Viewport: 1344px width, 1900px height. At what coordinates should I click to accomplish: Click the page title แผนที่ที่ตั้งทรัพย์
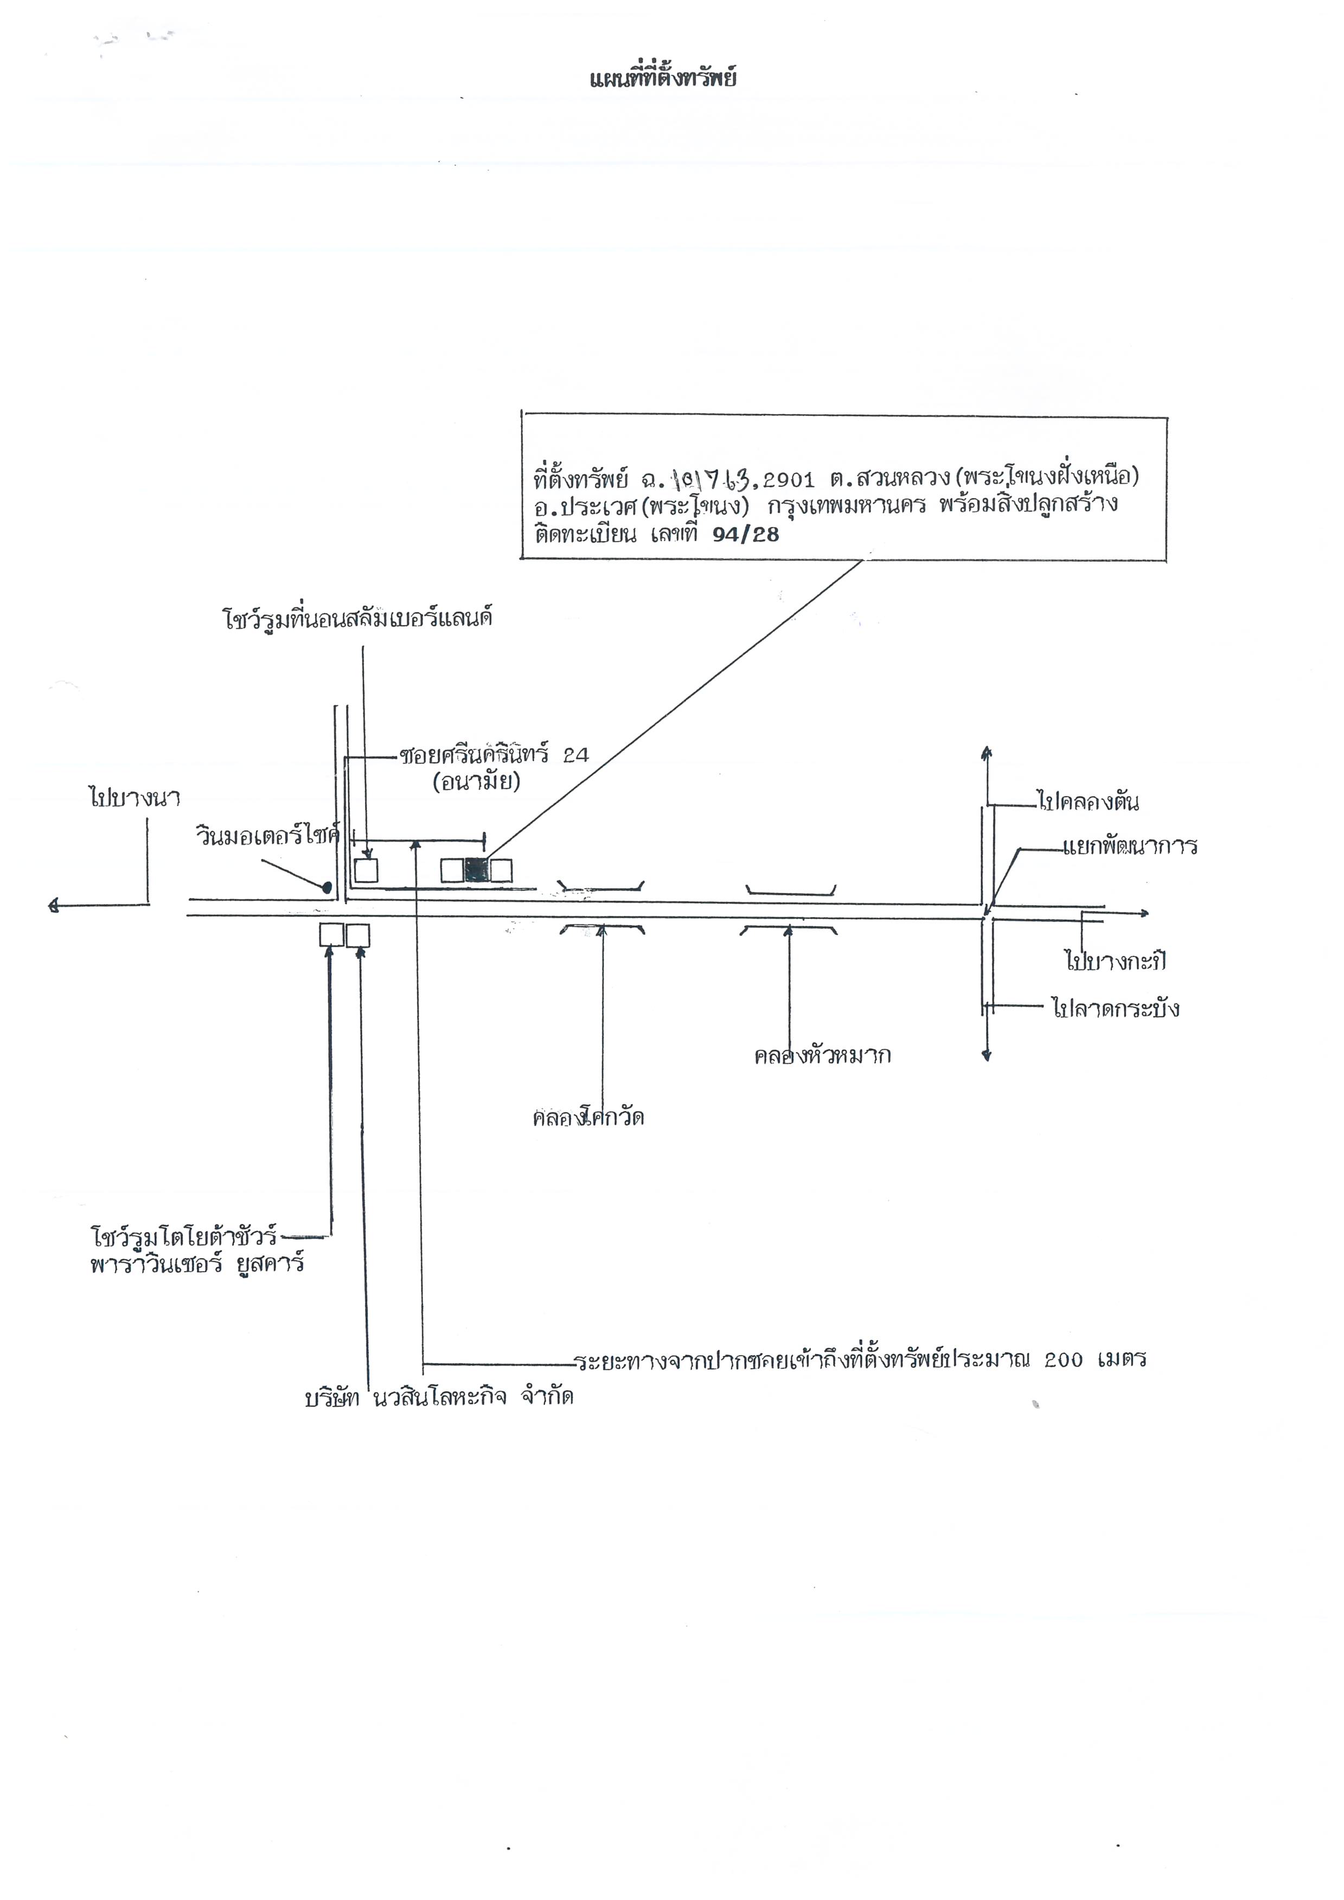click(662, 80)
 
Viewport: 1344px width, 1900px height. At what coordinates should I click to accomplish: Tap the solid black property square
click(477, 870)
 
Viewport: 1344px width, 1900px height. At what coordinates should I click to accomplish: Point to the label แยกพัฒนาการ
click(1130, 846)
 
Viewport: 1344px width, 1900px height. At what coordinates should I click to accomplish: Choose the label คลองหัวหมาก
click(822, 1056)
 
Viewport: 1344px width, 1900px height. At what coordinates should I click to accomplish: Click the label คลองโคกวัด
click(588, 1119)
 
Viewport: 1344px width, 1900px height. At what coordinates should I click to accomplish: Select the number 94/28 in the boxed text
click(746, 535)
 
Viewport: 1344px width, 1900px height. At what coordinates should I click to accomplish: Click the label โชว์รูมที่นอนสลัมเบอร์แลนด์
click(357, 619)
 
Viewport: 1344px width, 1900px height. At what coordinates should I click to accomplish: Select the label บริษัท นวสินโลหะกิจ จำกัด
click(439, 1398)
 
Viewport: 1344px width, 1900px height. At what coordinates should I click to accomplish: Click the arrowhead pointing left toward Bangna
click(55, 906)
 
